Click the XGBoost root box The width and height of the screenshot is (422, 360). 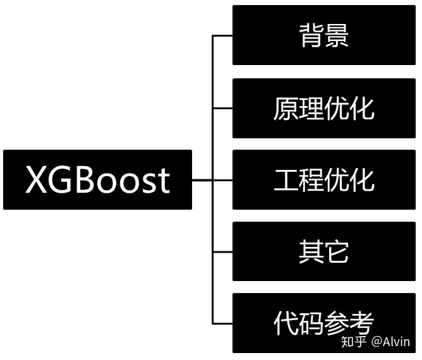coord(97,180)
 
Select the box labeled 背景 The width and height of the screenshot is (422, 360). coord(324,35)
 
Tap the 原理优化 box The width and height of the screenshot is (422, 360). coord(324,109)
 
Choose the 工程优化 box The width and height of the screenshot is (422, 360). coord(324,180)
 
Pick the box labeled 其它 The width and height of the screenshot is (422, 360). coord(324,251)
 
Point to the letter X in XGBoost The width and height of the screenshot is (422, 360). coord(37,180)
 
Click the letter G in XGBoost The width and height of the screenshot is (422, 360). coord(63,180)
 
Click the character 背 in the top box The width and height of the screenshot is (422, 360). coord(311,36)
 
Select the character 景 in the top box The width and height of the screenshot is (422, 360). coord(337,36)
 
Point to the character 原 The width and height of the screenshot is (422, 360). coord(286,109)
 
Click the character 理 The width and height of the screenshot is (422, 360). coord(311,109)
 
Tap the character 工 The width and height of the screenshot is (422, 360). coord(286,180)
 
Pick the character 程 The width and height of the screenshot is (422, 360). coord(311,180)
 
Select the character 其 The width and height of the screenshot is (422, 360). coord(311,251)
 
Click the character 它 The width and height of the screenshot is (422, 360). coord(337,251)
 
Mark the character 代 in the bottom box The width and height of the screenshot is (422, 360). coord(286,323)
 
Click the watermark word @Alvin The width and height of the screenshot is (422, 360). coord(391,342)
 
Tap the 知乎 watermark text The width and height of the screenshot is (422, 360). coord(353,342)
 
